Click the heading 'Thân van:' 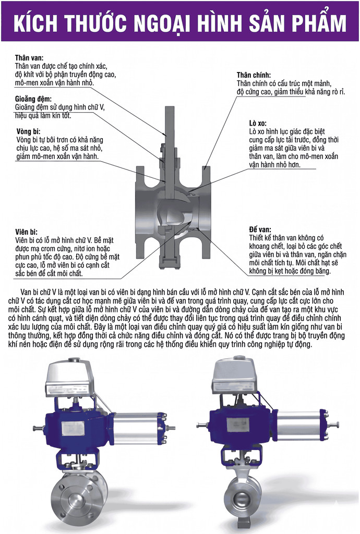coord(29,58)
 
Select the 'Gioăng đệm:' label coord(33,99)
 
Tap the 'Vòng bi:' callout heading coord(28,131)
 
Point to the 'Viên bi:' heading coord(26,232)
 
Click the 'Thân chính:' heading coord(254,75)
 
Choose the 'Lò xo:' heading coord(258,123)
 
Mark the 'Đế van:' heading coord(260,229)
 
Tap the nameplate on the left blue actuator coord(73,428)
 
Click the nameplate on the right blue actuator coord(237,424)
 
